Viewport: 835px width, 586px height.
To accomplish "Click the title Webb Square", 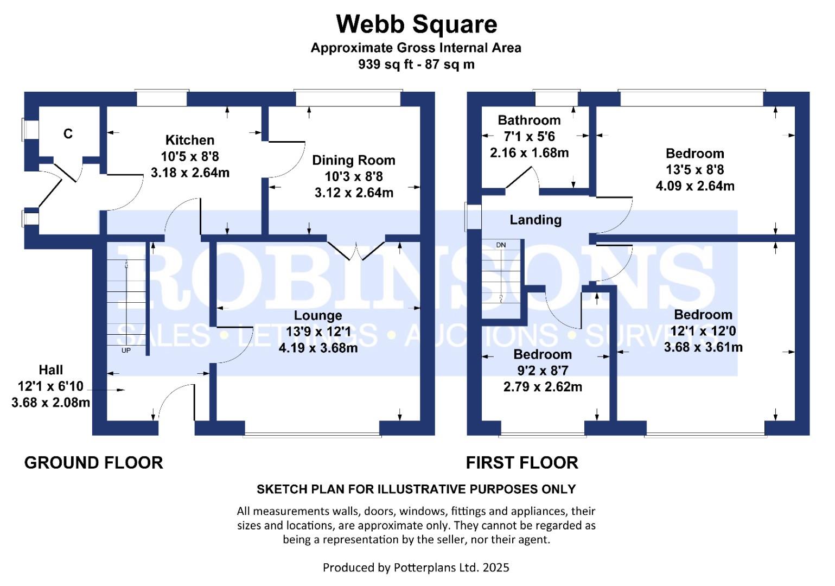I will point(416,24).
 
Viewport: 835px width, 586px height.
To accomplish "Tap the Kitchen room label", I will point(189,140).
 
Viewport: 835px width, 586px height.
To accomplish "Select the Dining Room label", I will point(353,160).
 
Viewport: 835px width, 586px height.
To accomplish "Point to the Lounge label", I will point(318,315).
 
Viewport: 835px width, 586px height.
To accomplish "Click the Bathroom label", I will point(529,120).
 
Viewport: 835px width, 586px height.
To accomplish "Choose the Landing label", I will point(536,220).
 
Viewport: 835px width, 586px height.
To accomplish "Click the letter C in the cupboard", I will point(68,133).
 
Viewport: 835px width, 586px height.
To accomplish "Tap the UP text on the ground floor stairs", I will point(126,351).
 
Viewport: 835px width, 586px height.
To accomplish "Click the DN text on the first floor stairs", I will point(501,245).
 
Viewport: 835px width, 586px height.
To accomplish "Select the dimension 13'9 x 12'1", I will point(318,332).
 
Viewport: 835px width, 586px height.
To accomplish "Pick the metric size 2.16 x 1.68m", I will point(529,152).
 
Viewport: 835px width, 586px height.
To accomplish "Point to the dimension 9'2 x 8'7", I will point(543,371).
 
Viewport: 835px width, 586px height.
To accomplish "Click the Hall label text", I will point(50,370).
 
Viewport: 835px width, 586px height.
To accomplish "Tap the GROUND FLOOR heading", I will point(93,463).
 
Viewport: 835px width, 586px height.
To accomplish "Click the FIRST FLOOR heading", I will point(522,463).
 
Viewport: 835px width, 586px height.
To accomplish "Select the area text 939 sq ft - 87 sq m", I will point(416,65).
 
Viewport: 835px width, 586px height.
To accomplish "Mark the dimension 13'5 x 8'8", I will point(695,170).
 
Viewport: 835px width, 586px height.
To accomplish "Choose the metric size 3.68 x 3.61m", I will point(703,347).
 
